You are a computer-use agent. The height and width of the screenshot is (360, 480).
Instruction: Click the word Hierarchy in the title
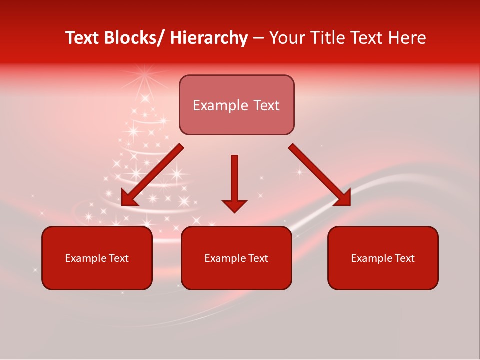pos(209,38)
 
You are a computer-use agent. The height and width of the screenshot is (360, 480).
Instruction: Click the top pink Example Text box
pos(236,105)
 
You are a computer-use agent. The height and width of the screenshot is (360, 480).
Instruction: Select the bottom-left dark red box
pos(97,258)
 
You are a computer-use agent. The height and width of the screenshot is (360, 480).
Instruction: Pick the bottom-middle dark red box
pos(236,258)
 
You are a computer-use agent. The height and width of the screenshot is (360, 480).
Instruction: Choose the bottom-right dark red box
pos(383,258)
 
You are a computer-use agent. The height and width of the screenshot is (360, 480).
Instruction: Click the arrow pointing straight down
pos(234,182)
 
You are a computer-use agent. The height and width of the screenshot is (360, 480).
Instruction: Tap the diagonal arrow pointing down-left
pos(152,175)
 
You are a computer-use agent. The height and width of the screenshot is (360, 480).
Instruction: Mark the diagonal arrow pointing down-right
pos(320,175)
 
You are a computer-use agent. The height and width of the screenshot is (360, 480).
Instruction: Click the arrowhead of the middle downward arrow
pos(234,205)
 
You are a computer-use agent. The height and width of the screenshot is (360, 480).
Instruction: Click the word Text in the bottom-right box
pos(404,258)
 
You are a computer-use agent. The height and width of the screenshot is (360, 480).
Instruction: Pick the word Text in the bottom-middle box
pos(257,258)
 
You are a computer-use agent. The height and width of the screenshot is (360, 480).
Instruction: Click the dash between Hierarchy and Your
pos(258,39)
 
